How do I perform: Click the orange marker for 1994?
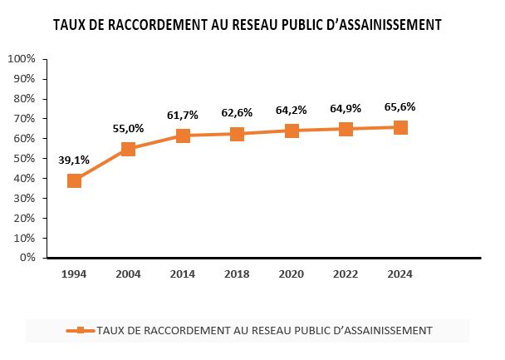click(x=74, y=180)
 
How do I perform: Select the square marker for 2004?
click(x=129, y=149)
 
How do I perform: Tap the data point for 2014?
click(x=183, y=136)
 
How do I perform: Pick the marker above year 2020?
click(x=292, y=131)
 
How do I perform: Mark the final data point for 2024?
click(x=400, y=127)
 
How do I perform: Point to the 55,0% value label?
click(x=129, y=128)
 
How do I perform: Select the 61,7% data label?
click(x=183, y=115)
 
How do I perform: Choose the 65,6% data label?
click(x=400, y=106)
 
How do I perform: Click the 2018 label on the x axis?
click(x=237, y=274)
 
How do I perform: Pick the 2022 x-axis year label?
click(x=346, y=274)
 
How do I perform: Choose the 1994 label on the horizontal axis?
click(x=74, y=274)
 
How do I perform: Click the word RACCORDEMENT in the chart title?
click(x=161, y=25)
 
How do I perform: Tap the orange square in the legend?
click(x=80, y=330)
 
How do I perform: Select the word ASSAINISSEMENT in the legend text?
click(x=386, y=330)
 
